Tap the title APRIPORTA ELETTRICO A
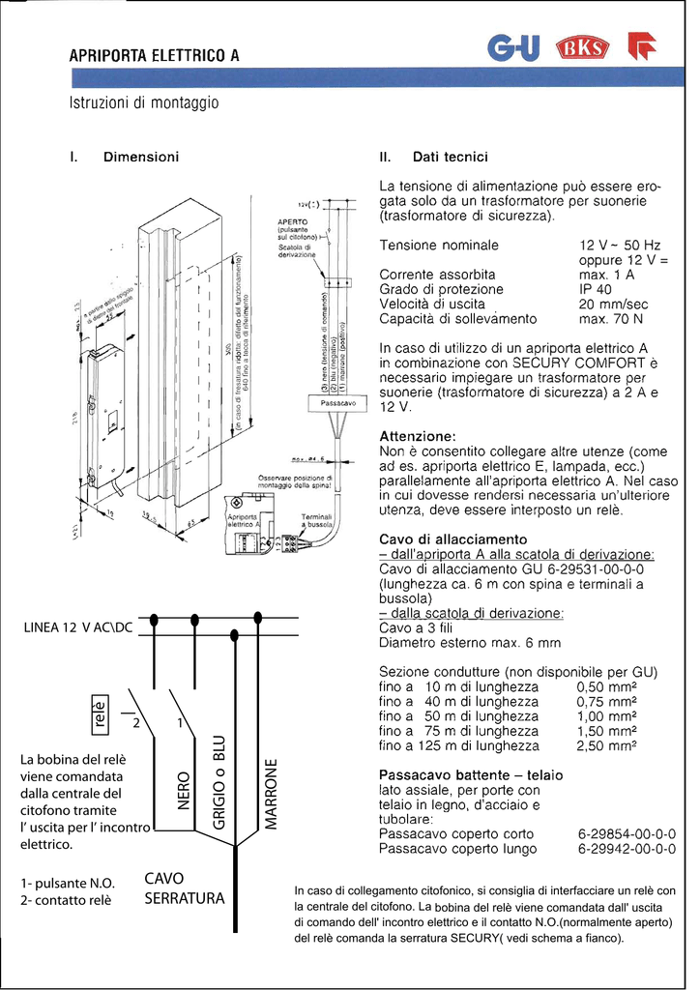pyautogui.click(x=154, y=55)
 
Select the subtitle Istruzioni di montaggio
pyautogui.click(x=144, y=102)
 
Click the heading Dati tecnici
pyautogui.click(x=450, y=156)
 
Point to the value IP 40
pyautogui.click(x=596, y=289)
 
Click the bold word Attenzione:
pyautogui.click(x=418, y=436)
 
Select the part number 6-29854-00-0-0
pyautogui.click(x=627, y=833)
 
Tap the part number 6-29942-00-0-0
pyautogui.click(x=627, y=849)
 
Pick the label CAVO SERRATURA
pyautogui.click(x=184, y=888)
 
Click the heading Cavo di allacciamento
pyautogui.click(x=452, y=539)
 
